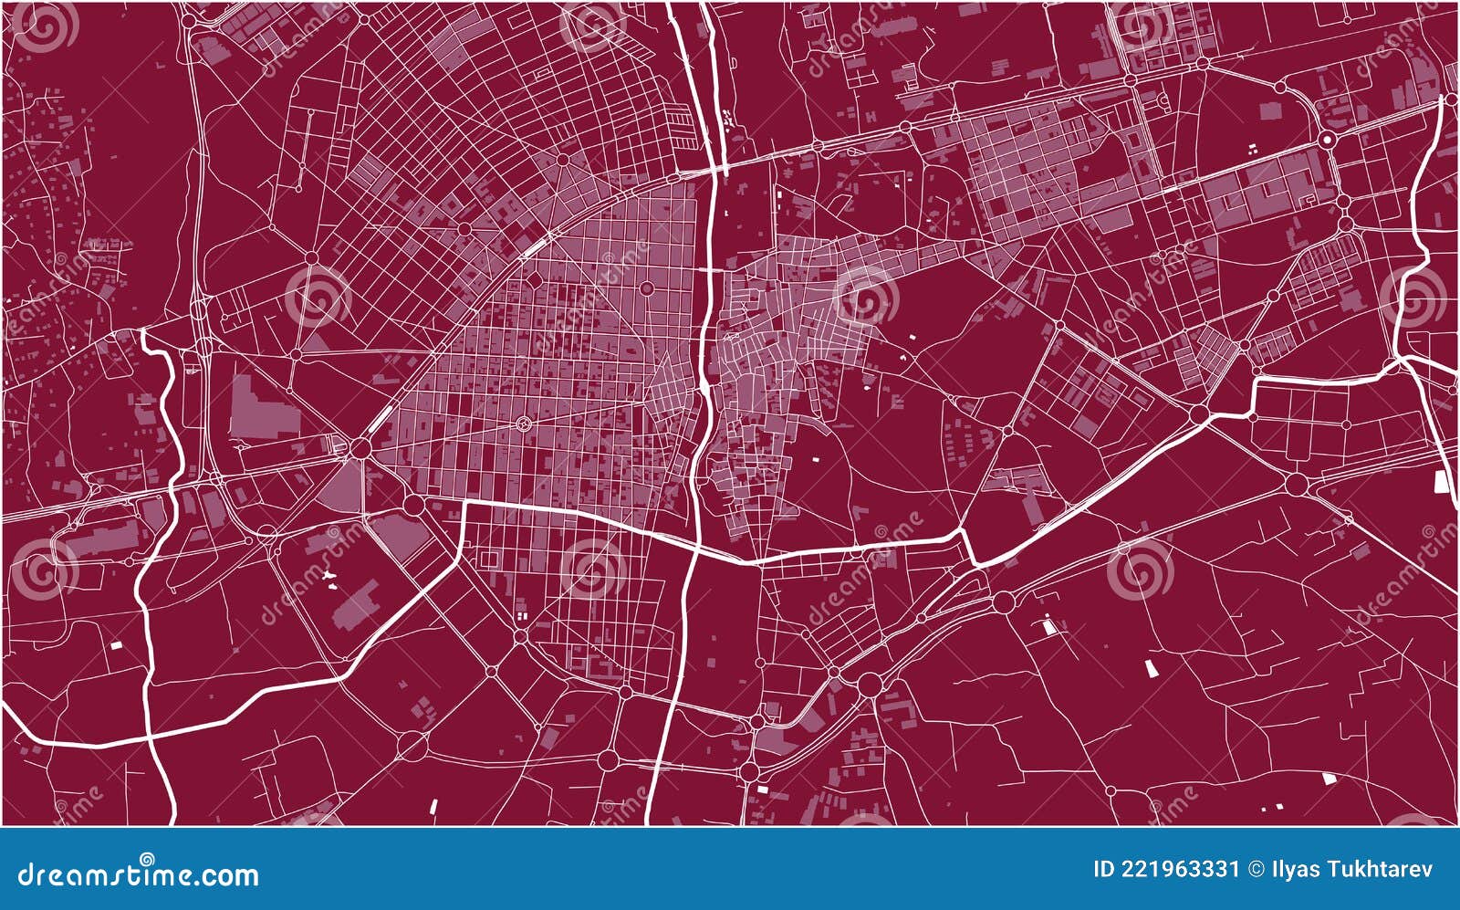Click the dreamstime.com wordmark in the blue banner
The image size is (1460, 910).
coord(138,875)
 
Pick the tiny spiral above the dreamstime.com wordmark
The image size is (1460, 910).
coord(146,858)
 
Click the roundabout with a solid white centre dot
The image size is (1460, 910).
coord(1326,140)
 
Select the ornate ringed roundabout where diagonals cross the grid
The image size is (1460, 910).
coord(524,423)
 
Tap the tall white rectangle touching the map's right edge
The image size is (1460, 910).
coord(1442,481)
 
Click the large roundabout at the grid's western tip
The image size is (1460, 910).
coord(360,448)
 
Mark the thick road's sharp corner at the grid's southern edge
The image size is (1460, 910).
coord(466,503)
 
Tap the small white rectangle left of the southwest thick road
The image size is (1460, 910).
coord(116,645)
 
